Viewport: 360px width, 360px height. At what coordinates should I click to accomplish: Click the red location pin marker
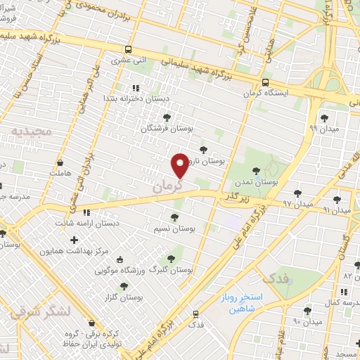(181, 165)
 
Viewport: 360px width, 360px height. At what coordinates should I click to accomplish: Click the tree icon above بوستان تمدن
(255, 169)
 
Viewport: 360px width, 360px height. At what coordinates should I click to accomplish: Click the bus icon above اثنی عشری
(127, 50)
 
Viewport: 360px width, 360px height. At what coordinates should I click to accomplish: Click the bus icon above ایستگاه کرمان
(265, 82)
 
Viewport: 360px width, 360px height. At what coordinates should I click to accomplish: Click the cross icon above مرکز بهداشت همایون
(74, 240)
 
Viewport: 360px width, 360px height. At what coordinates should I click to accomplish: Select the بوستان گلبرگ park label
(173, 270)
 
